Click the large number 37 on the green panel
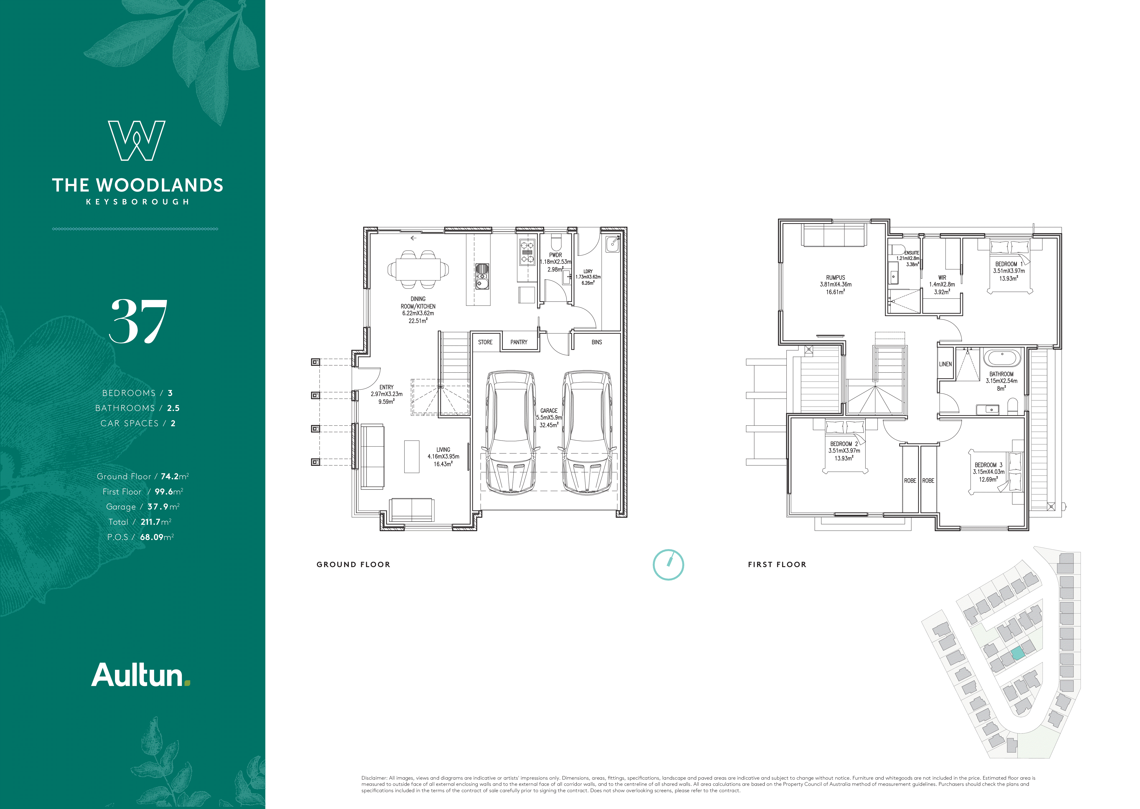coord(138,321)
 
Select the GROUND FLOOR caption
coord(353,564)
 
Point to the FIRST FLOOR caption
coord(777,564)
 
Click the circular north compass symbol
coord(668,564)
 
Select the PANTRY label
coord(519,342)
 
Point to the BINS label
coord(596,342)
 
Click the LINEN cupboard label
coord(945,364)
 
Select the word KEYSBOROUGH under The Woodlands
coord(137,202)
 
